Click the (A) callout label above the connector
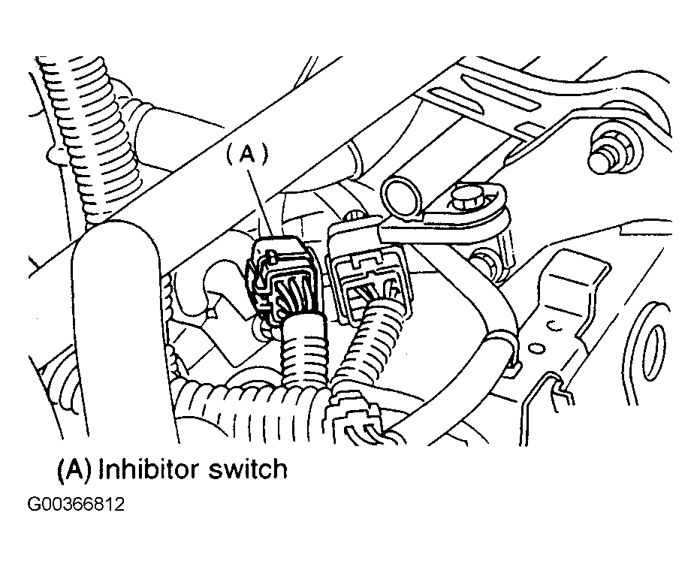pos(246,155)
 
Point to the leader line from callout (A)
pos(261,203)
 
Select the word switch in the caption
pos(248,469)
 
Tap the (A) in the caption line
pos(74,470)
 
